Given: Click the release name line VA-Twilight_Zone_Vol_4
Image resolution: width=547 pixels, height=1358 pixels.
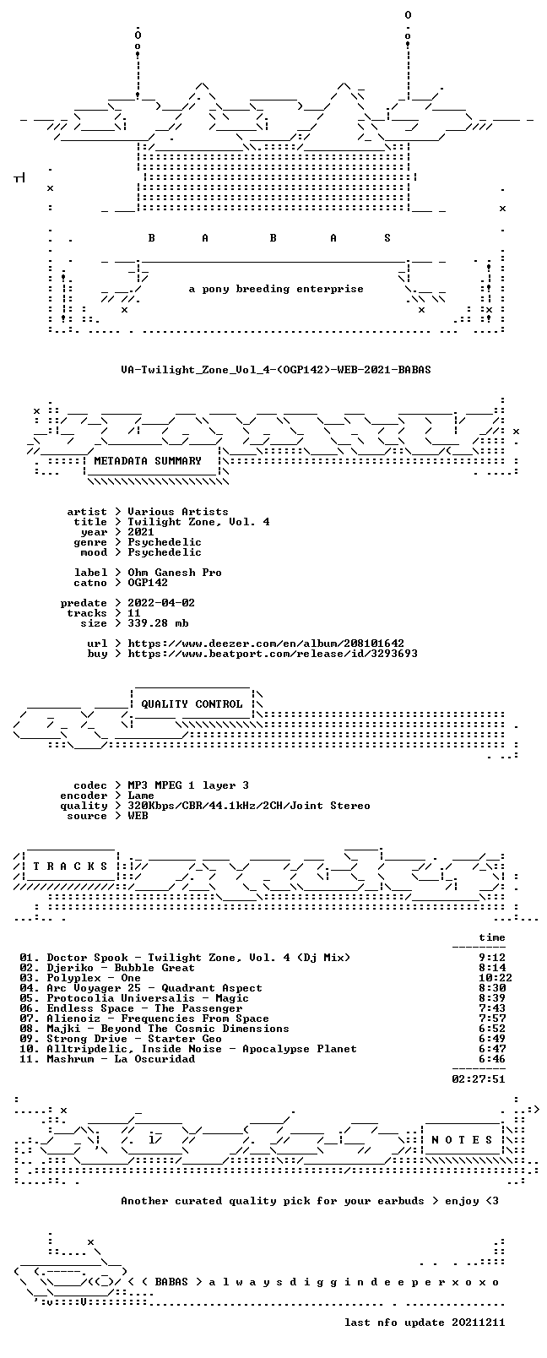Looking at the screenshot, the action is click(x=276, y=370).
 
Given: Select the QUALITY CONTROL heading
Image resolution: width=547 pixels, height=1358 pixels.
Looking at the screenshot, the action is click(x=192, y=703).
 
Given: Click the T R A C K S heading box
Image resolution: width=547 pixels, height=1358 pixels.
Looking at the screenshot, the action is click(x=70, y=866).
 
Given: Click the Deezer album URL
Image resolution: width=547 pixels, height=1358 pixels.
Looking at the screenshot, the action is click(x=266, y=644).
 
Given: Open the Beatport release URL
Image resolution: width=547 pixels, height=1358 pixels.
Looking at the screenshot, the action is click(x=273, y=654).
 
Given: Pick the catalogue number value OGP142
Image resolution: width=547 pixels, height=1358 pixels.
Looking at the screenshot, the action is click(x=148, y=583).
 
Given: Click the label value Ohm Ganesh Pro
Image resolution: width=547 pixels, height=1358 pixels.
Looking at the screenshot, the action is click(x=175, y=573).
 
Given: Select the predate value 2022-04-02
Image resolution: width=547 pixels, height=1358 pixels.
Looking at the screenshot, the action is click(x=161, y=603).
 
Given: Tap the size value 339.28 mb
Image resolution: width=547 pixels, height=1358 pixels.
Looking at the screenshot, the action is click(x=158, y=623).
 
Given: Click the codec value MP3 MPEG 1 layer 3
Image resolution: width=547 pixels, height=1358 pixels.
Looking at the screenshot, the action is click(x=187, y=785).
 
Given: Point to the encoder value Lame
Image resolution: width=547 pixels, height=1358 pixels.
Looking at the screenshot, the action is click(x=141, y=796).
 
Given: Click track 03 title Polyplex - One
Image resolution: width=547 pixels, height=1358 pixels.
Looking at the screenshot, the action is click(x=94, y=979).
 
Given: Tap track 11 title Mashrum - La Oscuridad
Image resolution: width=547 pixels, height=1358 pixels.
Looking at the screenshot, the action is click(x=122, y=1060).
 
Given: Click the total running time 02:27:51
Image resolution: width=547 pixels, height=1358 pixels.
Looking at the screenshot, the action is click(x=479, y=1080).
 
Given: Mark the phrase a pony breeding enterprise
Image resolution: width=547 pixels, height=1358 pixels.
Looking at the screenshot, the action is click(x=276, y=289).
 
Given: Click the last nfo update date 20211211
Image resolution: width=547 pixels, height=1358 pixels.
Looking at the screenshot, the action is click(x=479, y=1323).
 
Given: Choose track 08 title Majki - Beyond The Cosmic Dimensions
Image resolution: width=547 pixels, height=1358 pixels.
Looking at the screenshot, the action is click(x=168, y=1029).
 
